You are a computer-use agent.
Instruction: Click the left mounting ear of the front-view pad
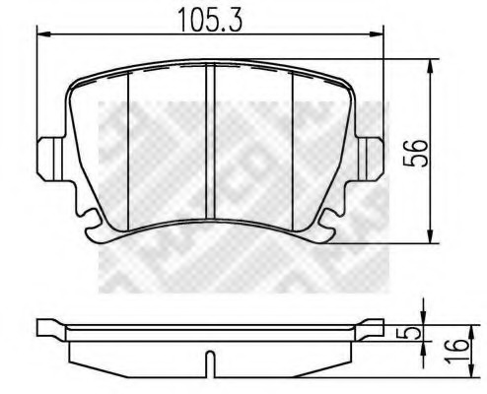point(46,155)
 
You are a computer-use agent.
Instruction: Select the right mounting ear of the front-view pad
point(372,155)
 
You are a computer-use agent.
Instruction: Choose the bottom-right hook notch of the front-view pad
point(323,230)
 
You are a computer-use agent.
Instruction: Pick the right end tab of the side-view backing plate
point(372,328)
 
